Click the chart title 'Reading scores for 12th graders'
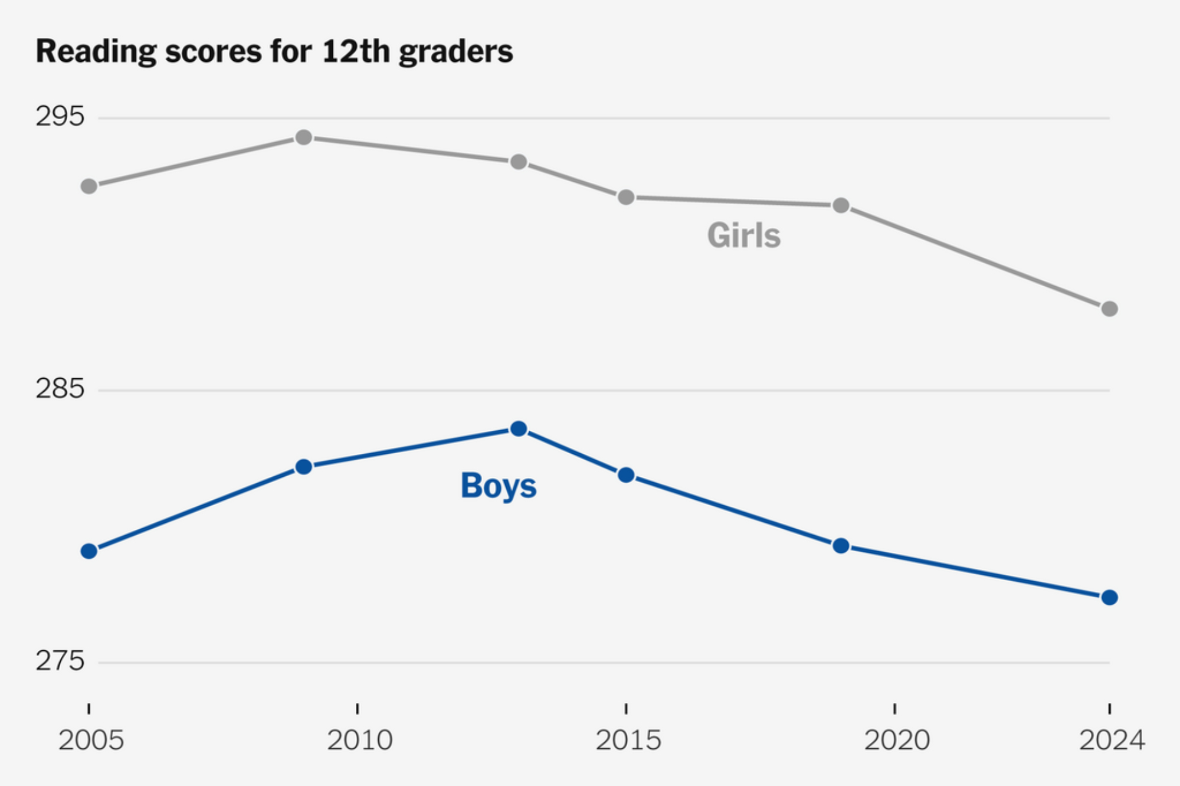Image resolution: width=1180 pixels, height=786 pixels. point(274,52)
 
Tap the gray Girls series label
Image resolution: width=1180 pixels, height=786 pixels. point(743,236)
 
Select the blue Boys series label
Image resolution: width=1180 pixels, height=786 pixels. point(499,486)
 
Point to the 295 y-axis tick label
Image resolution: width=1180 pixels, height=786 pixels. point(60,116)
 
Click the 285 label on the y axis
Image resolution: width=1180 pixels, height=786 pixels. point(60,389)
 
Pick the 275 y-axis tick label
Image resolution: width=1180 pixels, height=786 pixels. point(60,661)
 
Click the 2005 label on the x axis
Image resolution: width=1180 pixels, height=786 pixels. point(91,740)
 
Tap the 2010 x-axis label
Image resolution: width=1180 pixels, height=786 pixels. point(359,740)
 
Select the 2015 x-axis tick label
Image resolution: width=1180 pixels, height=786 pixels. point(628,740)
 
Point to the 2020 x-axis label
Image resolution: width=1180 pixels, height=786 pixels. point(897,740)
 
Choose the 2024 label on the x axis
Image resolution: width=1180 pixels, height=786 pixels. point(1112,740)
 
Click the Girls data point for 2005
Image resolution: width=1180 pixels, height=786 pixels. point(89,186)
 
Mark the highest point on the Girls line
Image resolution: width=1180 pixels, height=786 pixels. point(304,137)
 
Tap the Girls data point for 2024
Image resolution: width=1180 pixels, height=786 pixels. point(1109,309)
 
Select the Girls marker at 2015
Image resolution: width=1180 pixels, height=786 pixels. point(626,197)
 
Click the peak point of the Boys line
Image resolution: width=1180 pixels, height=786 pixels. point(519,429)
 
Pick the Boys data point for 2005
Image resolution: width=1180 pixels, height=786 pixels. point(89,551)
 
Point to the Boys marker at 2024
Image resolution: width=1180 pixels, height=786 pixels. point(1109,598)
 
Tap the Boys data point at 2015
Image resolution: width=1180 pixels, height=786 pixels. point(626,475)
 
